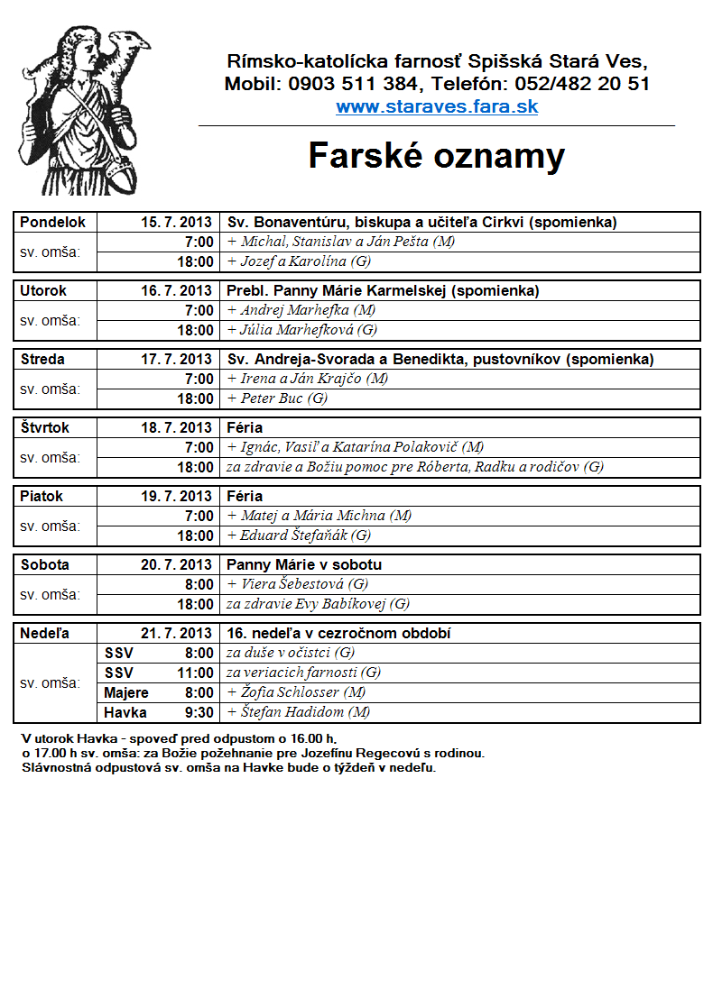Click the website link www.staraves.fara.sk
click(x=437, y=107)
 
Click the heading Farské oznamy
click(x=437, y=156)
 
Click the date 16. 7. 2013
click(x=176, y=291)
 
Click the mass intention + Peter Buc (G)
click(x=278, y=398)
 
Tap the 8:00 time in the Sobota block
click(x=199, y=584)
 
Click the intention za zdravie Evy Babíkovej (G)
click(x=318, y=604)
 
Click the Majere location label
click(x=126, y=693)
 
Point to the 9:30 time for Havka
click(x=199, y=713)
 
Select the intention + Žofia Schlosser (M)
click(x=296, y=693)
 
